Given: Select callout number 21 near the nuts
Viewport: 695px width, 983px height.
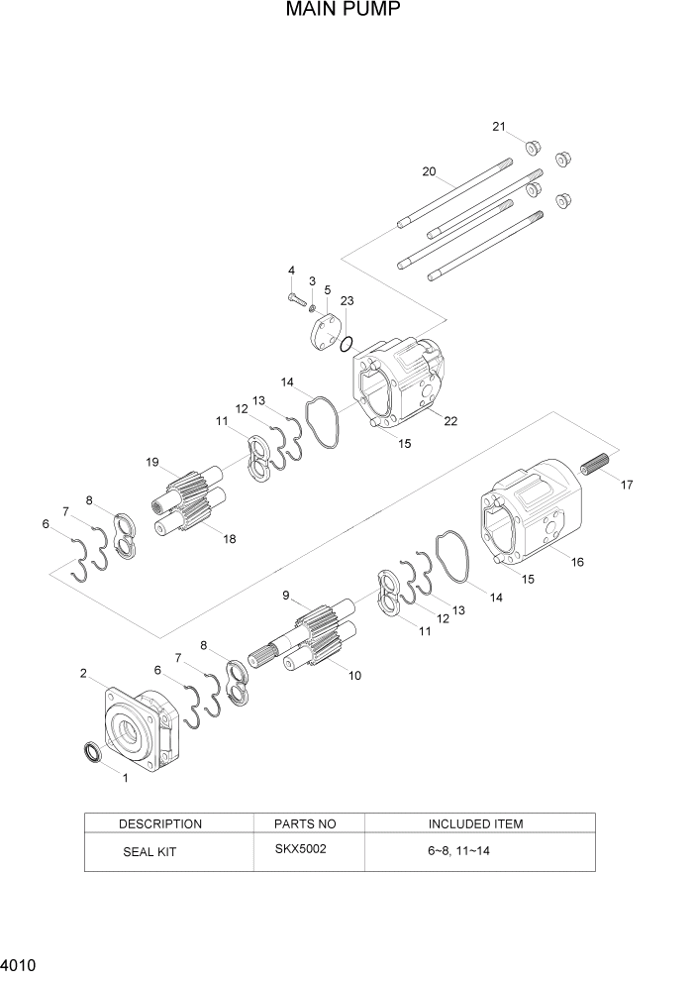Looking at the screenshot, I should coord(499,126).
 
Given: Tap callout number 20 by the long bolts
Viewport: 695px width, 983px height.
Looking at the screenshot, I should coord(429,171).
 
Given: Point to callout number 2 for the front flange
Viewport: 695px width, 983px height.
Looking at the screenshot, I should coord(84,674).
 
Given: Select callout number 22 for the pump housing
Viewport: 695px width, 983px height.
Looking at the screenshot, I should coord(450,421).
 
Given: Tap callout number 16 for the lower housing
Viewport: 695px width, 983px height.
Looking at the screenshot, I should coord(577,562).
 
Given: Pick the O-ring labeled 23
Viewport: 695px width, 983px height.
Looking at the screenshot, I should coord(345,345).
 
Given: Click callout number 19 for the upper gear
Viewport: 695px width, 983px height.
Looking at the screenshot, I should coord(152,462).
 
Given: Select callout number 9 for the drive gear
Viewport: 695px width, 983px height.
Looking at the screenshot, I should coord(286,596).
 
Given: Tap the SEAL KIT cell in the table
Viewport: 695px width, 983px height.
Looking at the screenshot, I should coord(149,851).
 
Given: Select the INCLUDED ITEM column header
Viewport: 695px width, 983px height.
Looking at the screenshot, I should coord(475,823).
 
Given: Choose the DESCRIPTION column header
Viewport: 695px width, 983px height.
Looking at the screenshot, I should coord(160,823).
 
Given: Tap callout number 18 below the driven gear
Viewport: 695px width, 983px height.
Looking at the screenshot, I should coord(231,539).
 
